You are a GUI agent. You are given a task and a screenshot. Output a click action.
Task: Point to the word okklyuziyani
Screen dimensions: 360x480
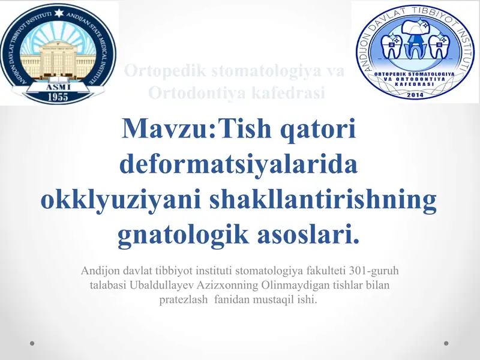coord(120,199)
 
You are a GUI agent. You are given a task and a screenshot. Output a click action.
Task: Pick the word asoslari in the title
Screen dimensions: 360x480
coord(310,234)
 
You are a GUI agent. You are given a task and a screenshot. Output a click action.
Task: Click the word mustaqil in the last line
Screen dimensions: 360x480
coord(275,298)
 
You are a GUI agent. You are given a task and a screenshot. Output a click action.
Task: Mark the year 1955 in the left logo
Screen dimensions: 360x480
coord(58,95)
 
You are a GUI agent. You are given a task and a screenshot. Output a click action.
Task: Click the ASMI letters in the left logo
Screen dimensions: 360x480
coord(58,85)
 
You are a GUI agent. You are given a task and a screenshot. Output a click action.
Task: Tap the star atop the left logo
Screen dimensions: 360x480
coord(59,12)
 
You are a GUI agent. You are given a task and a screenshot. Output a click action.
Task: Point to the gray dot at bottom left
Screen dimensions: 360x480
coord(32,343)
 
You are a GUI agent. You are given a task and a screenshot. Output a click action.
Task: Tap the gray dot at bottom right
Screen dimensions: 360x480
coord(446,343)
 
